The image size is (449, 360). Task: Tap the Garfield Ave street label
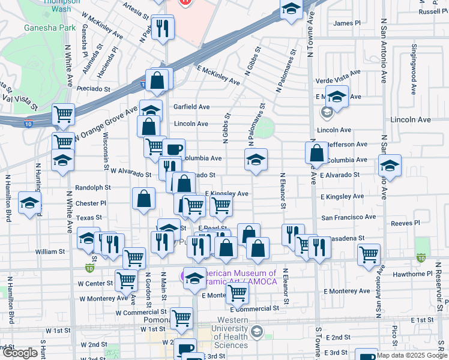coord(191,107)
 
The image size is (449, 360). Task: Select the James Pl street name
coord(347,23)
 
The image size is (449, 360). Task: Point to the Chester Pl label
coord(91,203)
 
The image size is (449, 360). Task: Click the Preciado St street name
coord(93,88)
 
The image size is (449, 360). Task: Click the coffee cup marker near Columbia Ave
coord(174,148)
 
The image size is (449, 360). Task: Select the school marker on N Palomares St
coord(256,160)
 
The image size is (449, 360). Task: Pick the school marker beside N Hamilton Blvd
coord(29,203)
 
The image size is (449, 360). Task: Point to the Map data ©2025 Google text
coord(411,355)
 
